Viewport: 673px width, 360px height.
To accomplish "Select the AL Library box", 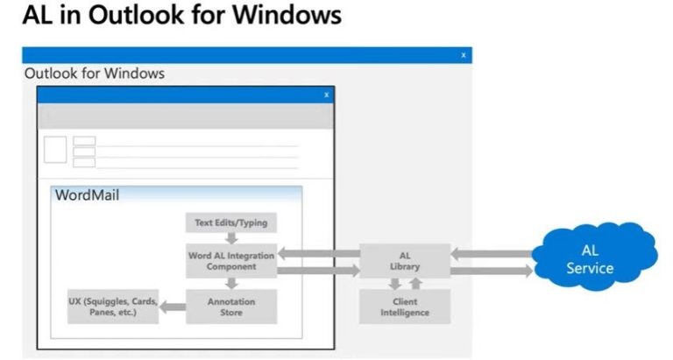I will [x=405, y=261].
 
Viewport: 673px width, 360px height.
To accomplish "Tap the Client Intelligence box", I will [x=405, y=307].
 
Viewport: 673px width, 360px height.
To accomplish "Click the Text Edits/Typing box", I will [x=231, y=222].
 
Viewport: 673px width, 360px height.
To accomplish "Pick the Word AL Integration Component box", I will [x=231, y=261].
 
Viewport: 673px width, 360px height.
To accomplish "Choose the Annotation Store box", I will [x=231, y=307].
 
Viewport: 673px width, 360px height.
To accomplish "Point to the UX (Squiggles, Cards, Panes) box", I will [x=113, y=307].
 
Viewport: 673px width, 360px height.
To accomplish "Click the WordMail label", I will [x=87, y=195].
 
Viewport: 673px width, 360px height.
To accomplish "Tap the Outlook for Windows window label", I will [x=95, y=74].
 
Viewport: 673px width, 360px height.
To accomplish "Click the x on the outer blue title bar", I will [x=464, y=55].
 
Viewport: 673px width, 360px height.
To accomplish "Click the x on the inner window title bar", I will [x=327, y=95].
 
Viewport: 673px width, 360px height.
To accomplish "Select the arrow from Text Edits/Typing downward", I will [x=231, y=238].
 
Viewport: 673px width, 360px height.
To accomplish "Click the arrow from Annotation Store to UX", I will [x=173, y=307].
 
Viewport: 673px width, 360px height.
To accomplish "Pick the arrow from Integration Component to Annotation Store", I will [x=231, y=284].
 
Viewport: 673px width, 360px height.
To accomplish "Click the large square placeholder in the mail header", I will [x=55, y=149].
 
